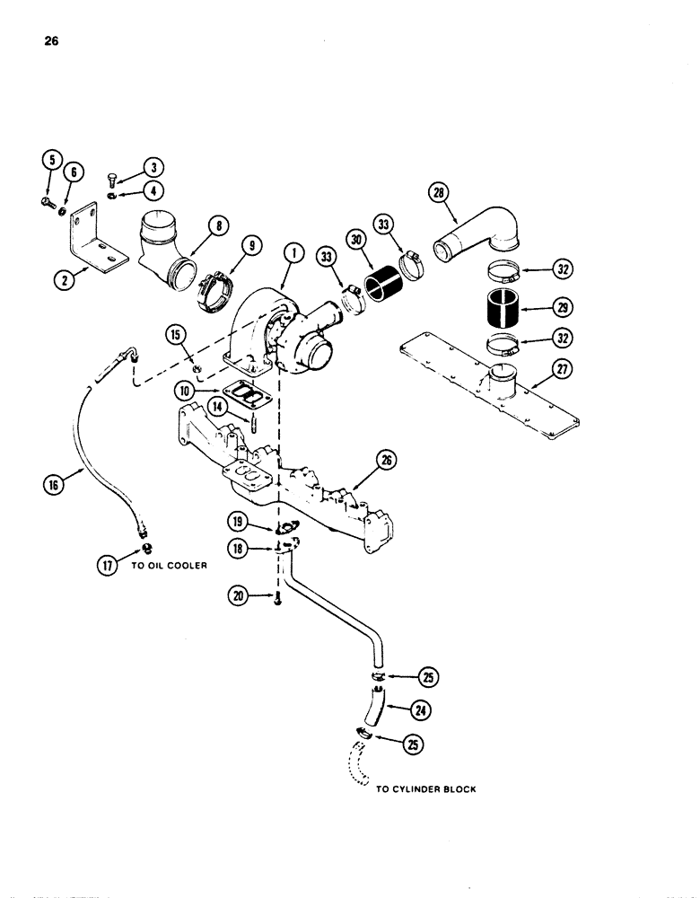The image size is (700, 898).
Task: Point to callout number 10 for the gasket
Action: (x=183, y=392)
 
